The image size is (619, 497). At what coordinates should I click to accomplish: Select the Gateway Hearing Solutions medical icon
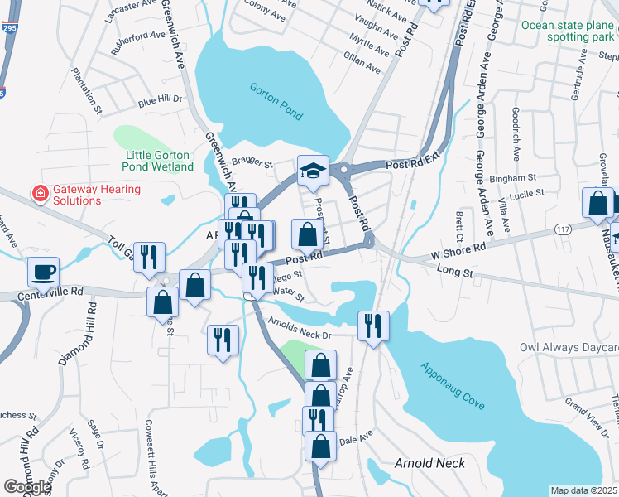[38, 193]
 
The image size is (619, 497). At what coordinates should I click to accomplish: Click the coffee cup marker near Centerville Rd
[43, 271]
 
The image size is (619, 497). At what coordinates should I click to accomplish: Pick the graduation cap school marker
[313, 171]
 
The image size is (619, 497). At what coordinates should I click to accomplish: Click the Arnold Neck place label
[429, 463]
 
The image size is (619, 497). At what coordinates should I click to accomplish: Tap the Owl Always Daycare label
[569, 347]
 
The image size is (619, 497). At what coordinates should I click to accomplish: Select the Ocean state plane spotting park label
[569, 31]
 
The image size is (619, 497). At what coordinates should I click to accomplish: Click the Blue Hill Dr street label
[159, 101]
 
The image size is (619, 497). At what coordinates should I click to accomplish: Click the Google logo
[27, 487]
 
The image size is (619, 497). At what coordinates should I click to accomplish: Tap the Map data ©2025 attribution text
[583, 490]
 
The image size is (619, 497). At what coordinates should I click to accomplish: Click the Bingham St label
[506, 178]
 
